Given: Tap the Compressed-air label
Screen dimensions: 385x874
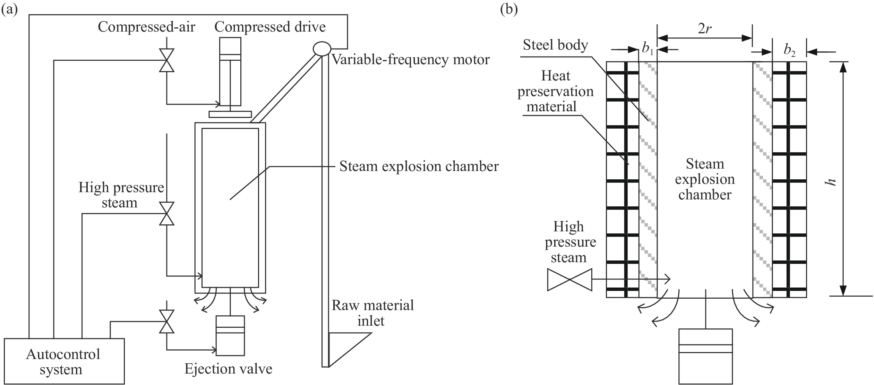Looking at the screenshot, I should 146,27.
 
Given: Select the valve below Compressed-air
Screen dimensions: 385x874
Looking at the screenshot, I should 166,60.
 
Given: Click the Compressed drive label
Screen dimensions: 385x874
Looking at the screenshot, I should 270,27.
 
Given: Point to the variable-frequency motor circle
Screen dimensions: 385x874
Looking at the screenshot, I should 322,49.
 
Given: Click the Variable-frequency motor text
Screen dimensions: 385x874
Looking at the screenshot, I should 411,60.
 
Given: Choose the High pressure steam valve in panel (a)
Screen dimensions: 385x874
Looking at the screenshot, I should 166,214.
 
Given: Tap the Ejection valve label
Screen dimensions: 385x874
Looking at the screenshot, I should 228,369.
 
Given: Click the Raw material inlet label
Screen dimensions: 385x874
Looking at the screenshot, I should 373,313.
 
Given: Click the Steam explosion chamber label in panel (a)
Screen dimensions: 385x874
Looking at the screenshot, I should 419,166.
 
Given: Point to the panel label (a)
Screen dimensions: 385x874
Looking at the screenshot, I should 9,9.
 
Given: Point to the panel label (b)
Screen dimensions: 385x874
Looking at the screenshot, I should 509,9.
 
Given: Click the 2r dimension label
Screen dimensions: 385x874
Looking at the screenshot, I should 704,29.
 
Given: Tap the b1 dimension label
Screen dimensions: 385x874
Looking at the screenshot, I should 648,50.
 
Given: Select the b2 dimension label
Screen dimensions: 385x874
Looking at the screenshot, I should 790,51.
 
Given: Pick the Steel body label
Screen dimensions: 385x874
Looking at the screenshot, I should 555,45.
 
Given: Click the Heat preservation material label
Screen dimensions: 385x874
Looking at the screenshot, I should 555,91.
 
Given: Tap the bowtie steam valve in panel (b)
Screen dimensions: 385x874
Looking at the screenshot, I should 569,280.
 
